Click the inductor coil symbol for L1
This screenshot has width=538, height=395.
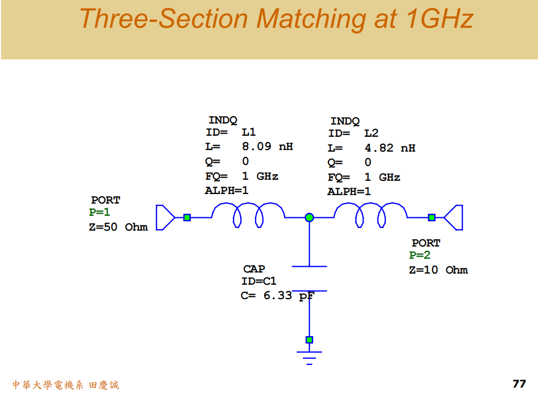point(248,214)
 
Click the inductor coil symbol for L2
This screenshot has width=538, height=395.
point(371,214)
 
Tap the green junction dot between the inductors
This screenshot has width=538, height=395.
point(310,217)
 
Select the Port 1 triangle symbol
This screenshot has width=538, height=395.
point(165,217)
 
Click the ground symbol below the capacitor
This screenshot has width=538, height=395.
point(310,357)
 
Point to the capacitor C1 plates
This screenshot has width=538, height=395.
point(310,278)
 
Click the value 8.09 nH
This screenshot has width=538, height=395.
point(267,147)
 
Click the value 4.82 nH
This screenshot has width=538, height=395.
point(390,148)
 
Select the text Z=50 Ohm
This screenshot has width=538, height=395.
point(118,227)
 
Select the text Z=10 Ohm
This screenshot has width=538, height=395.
point(438,270)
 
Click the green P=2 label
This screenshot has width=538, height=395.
point(420,256)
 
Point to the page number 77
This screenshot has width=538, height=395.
point(519,384)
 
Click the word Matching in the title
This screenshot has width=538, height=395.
point(308,20)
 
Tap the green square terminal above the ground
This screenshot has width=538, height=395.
point(310,340)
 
